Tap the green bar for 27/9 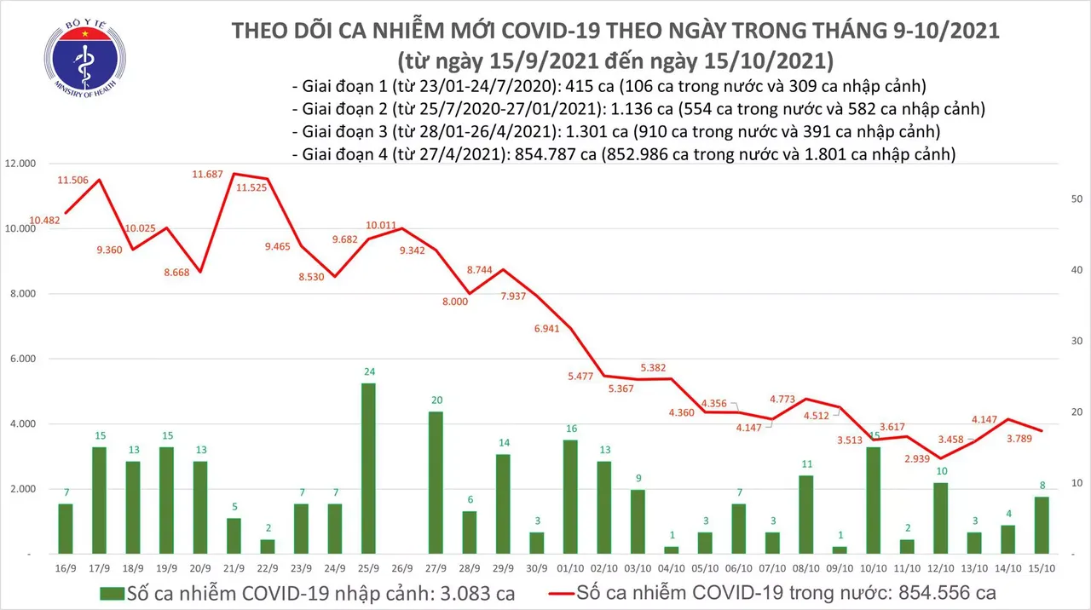(x=435, y=482)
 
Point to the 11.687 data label (x=207, y=175)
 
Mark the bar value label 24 (x=368, y=372)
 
